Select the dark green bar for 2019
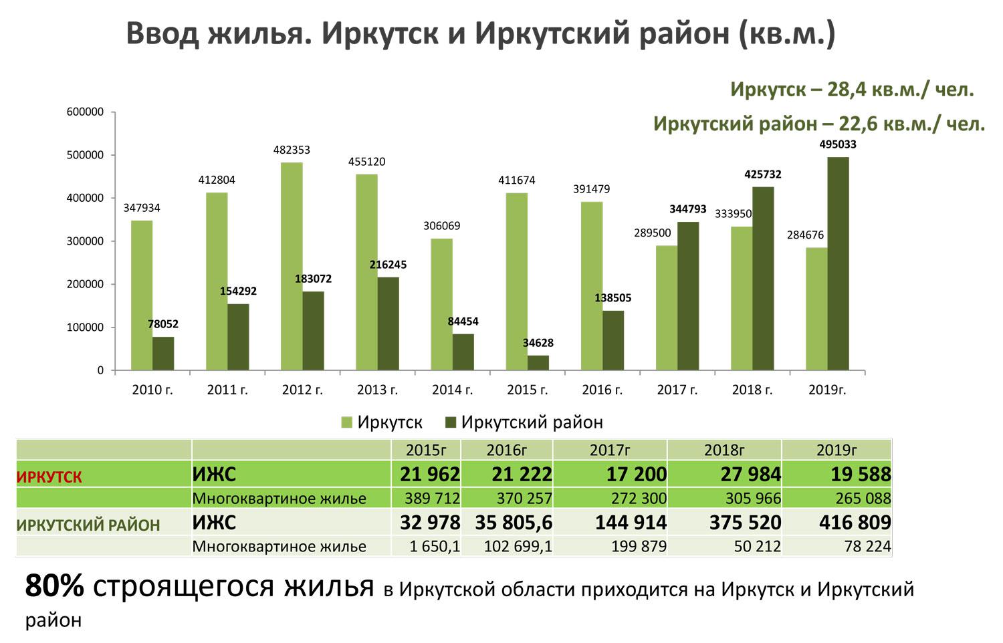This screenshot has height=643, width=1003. (838, 263)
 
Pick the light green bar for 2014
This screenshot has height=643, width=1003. (441, 304)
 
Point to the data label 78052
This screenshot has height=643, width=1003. (163, 324)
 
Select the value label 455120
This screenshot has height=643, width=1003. (366, 162)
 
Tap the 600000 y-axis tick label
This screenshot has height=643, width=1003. (85, 112)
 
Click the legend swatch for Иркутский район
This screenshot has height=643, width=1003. (450, 422)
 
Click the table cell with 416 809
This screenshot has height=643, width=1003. (855, 522)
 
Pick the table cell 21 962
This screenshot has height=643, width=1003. (430, 475)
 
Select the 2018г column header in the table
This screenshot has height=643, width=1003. (724, 450)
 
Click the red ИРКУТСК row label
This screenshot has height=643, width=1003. (49, 477)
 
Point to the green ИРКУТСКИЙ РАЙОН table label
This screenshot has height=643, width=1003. (88, 525)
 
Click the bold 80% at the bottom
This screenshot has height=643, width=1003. (55, 586)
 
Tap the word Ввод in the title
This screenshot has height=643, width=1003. (162, 33)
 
